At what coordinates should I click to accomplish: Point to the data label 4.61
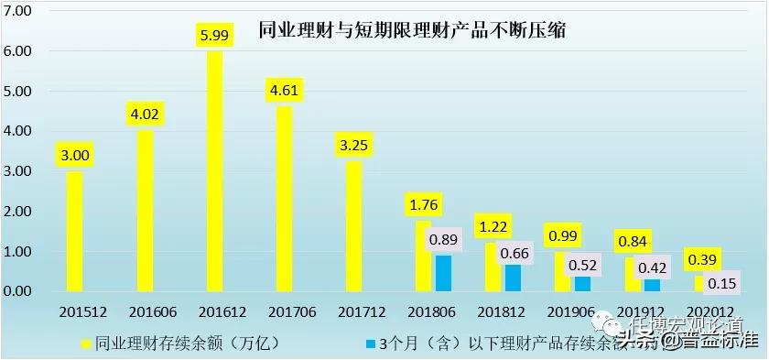pos(286,90)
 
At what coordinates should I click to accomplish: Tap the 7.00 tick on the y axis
pos(18,11)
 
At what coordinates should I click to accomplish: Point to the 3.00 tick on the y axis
pos(18,171)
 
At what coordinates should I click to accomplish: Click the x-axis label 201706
pos(286,311)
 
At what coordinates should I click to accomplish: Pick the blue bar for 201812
pos(514,278)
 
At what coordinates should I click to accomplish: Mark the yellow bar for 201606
pos(145,211)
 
